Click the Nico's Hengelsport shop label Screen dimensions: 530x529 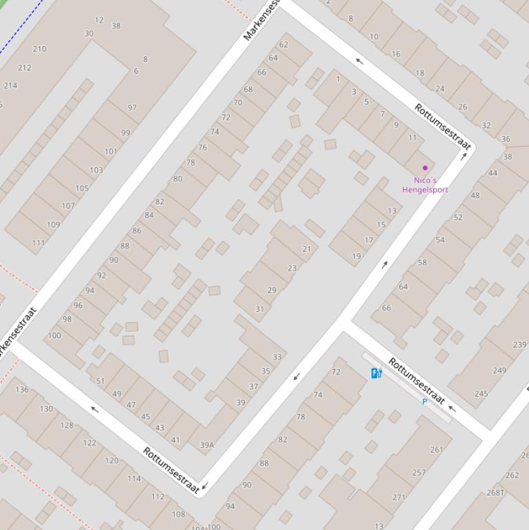pos(425,185)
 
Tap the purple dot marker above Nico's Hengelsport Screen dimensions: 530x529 pos(425,167)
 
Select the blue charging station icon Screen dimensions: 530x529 pos(376,373)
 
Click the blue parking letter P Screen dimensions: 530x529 pos(424,401)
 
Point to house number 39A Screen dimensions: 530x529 pos(206,445)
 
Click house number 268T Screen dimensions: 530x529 pos(495,492)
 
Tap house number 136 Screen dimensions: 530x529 pos(22,390)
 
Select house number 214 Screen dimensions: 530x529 pos(10,86)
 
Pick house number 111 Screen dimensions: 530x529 pos(38,243)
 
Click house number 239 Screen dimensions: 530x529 pos(519,345)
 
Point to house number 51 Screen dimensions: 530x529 pos(100,381)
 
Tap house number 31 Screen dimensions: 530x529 pos(259,309)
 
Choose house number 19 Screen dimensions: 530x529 pos(356,256)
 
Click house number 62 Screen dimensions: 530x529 pos(283,44)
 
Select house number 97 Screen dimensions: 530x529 pos(132,107)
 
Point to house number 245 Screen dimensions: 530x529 pos(482,394)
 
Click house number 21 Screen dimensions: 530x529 pos(306,249)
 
